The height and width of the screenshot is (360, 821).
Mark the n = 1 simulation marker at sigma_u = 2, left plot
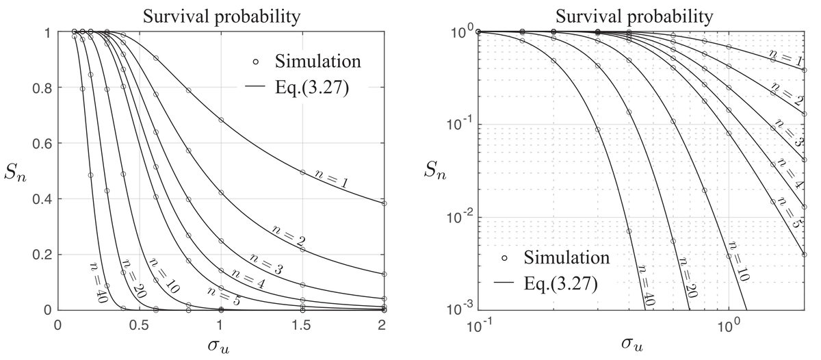pos(384,203)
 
